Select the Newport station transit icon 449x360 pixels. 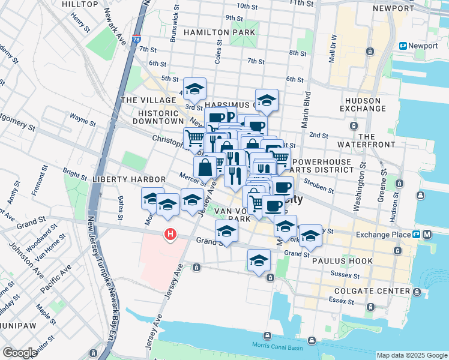(404, 46)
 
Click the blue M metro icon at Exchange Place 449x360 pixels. (427, 235)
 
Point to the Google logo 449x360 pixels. (20, 353)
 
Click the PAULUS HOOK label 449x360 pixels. (346, 261)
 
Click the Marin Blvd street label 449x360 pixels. (307, 109)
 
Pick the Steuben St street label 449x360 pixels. (319, 187)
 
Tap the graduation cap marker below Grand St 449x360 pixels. (259, 260)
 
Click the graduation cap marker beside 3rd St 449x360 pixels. (194, 89)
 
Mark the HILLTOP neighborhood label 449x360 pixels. (79, 4)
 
